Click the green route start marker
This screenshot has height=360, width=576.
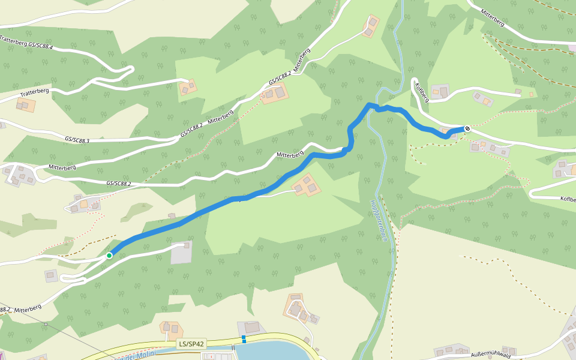109,256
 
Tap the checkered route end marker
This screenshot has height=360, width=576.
467,128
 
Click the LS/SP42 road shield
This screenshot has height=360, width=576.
191,344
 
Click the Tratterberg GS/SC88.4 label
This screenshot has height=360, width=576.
27,42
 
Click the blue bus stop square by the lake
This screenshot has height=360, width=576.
244,339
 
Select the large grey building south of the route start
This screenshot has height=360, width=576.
182,253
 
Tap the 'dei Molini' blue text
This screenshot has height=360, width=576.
138,355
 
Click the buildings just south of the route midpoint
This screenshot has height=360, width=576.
306,186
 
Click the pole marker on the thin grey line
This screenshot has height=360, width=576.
46,325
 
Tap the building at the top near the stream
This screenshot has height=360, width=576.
371,25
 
